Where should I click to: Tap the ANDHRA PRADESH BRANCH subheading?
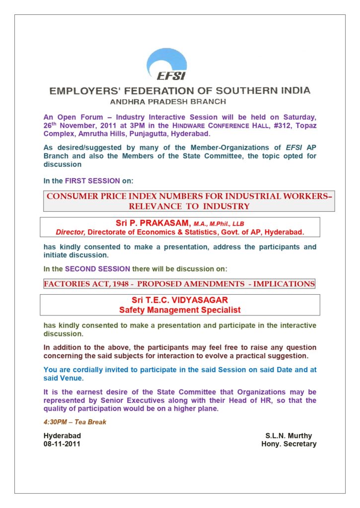click(x=168, y=102)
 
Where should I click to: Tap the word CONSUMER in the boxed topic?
click(x=71, y=196)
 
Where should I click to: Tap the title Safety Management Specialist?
click(x=180, y=310)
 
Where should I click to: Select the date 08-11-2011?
click(x=62, y=444)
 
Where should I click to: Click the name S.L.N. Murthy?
click(x=288, y=436)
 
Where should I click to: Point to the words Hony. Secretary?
click(x=288, y=444)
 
